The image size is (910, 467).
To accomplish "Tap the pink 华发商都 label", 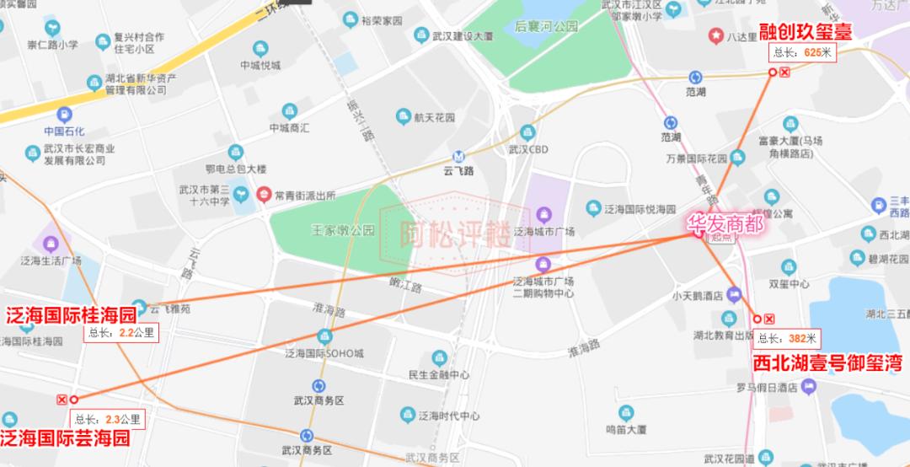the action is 727,224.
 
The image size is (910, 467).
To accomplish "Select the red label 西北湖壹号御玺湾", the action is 827,363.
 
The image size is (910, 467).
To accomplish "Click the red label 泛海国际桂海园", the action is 71,315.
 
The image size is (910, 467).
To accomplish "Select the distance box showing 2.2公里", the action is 121,332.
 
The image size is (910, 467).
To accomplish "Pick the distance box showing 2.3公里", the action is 108,417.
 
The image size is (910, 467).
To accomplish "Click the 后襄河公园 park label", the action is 547,27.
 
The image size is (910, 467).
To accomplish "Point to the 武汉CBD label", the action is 528,149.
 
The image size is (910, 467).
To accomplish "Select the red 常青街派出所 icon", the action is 264,194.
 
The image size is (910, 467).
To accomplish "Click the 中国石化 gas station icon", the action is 64,115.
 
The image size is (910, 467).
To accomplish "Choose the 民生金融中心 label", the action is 438,374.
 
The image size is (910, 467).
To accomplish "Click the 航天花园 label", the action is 435,118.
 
